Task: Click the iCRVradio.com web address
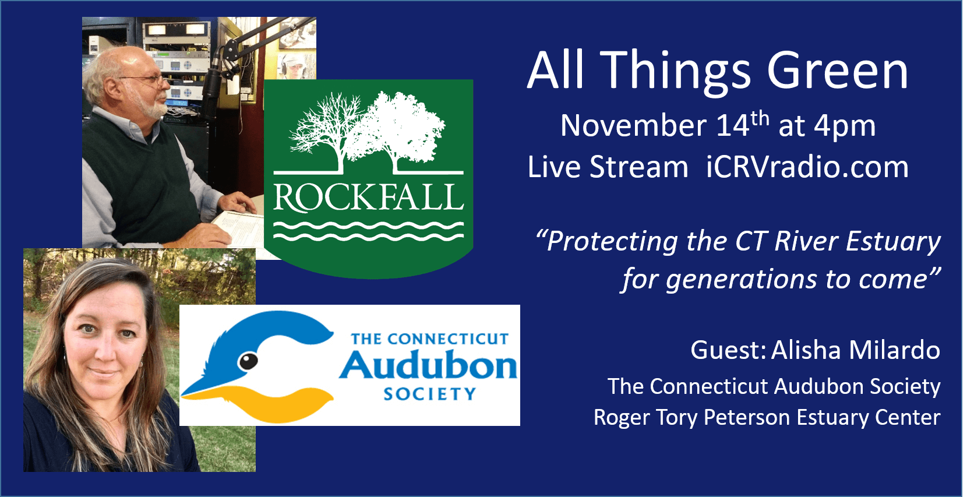(807, 167)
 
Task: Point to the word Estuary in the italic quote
(893, 242)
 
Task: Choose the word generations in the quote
(741, 280)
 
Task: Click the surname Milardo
(895, 350)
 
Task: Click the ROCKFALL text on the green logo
(368, 198)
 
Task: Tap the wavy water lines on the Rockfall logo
(368, 231)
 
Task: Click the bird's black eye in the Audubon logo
(248, 361)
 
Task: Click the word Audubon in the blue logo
(428, 366)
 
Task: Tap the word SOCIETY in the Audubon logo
(429, 394)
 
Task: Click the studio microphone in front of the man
(213, 84)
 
